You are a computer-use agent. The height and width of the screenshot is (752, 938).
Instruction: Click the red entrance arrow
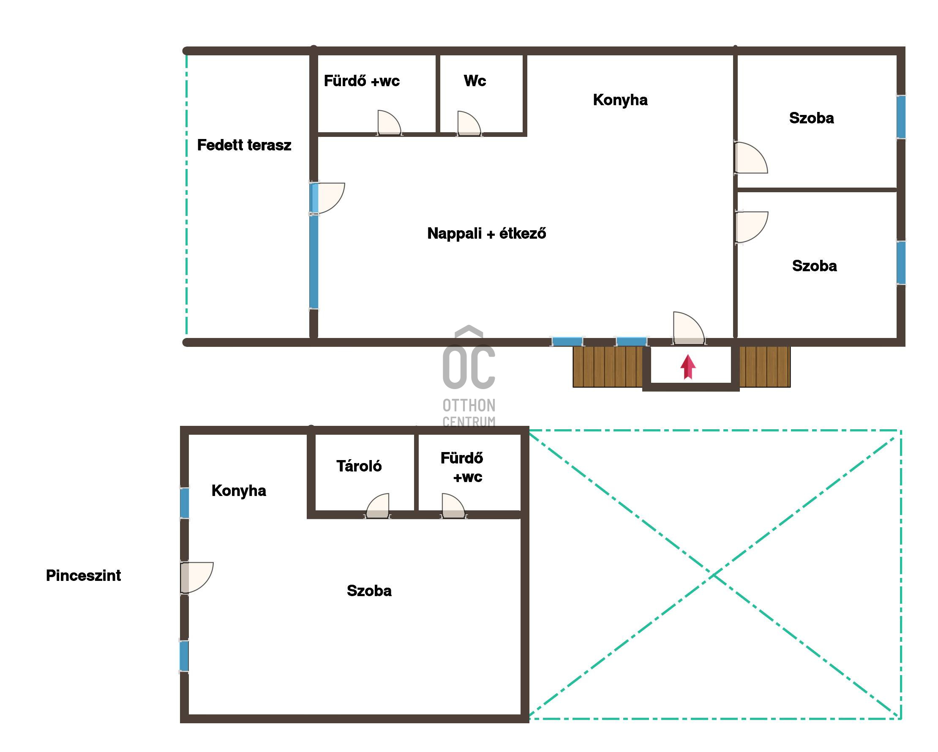[x=688, y=367]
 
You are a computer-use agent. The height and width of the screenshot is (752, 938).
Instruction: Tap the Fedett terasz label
[x=244, y=145]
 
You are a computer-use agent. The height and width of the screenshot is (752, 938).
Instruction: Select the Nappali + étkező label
[x=486, y=234]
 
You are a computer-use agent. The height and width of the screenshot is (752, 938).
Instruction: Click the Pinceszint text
[x=84, y=575]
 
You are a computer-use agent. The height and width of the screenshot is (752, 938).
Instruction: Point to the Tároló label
[x=359, y=466]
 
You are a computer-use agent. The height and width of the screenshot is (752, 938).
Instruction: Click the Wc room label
[x=474, y=81]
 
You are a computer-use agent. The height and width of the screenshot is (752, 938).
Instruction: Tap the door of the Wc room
[x=469, y=123]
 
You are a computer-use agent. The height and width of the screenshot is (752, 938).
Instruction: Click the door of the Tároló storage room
[x=377, y=506]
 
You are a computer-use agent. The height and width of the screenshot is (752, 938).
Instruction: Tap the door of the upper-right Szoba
[x=751, y=158]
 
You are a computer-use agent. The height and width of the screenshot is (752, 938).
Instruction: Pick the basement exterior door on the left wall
[x=196, y=578]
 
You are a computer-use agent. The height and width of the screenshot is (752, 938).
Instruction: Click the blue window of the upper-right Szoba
[x=901, y=117]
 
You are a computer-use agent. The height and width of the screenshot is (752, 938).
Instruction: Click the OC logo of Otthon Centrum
[x=469, y=357]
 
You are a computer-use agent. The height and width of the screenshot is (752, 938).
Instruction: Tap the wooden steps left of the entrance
[x=608, y=367]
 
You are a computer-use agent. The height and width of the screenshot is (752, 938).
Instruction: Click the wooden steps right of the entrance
[x=765, y=367]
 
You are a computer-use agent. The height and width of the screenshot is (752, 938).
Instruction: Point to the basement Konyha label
[x=239, y=490]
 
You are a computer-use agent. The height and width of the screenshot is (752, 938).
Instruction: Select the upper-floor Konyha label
[x=620, y=100]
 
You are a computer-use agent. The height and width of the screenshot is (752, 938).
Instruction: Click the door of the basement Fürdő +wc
[x=453, y=506]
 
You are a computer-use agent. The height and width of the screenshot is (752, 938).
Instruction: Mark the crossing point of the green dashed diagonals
[x=714, y=575]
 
